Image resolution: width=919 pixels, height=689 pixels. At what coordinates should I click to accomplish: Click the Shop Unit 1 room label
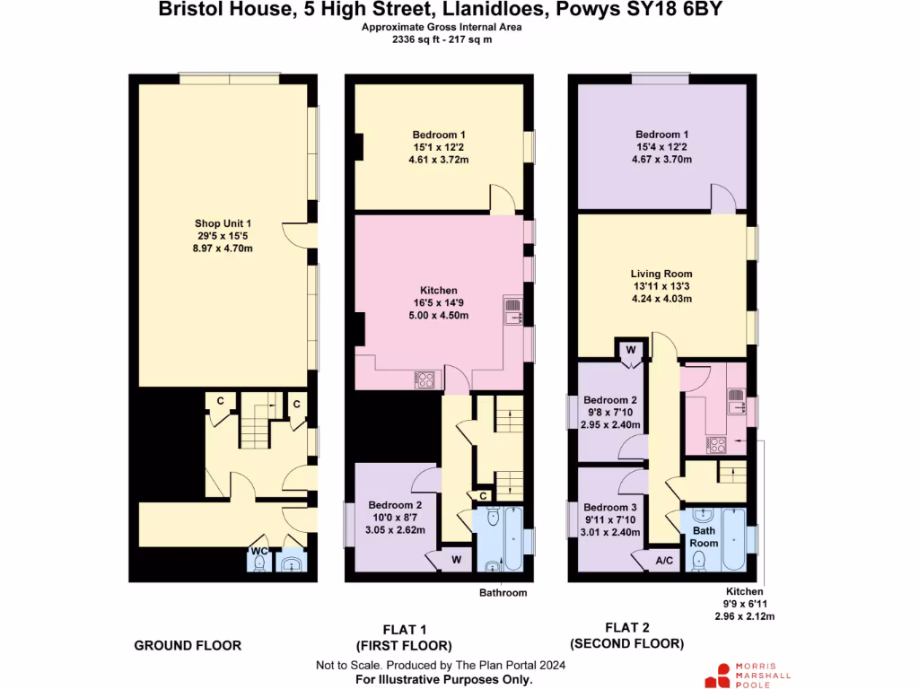[x=223, y=223]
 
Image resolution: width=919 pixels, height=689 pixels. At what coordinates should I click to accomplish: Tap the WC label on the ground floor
[x=258, y=550]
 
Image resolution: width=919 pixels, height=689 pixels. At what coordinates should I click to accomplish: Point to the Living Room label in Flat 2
[x=661, y=274]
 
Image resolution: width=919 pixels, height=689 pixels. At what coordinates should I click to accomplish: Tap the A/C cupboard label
[x=664, y=561]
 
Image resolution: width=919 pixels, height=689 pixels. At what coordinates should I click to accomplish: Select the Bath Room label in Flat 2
[x=704, y=537]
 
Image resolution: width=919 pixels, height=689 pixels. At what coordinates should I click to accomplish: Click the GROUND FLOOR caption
[x=188, y=645]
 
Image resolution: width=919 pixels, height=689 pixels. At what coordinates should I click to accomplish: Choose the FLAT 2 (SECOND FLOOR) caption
[x=626, y=635]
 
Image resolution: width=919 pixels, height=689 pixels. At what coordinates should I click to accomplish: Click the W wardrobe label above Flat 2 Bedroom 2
[x=630, y=349]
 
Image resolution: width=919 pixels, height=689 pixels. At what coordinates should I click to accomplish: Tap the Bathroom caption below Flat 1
[x=503, y=593]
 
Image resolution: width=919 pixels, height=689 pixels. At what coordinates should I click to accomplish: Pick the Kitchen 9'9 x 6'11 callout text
[x=744, y=604]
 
